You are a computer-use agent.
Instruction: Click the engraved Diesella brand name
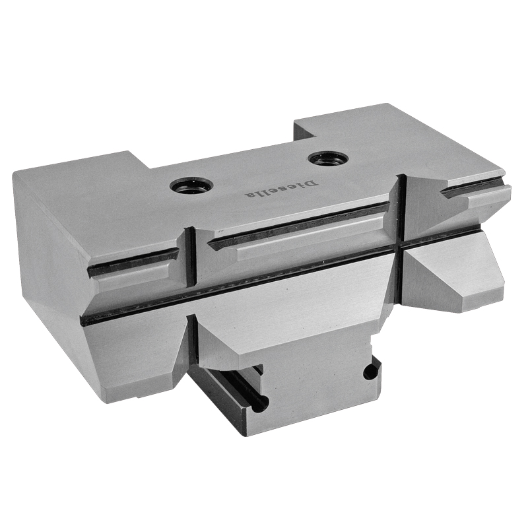pos(281,189)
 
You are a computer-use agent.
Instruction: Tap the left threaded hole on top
pos(191,185)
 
